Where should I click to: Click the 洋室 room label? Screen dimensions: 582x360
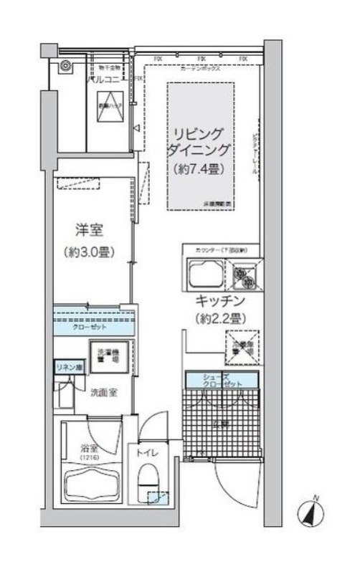coord(90,231)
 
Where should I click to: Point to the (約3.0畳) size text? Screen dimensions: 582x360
coord(90,252)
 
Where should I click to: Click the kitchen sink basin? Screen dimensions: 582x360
coord(204,274)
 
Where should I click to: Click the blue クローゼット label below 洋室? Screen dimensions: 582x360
coord(90,325)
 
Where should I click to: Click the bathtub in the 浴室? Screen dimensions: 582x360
coord(92,480)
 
